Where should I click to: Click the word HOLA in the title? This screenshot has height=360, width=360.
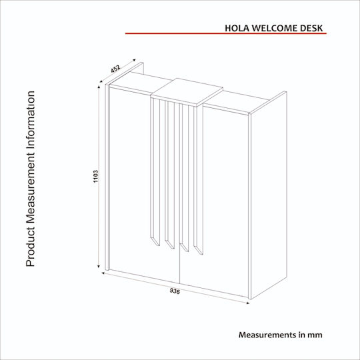237,28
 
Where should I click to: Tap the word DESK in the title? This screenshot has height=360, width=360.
309,28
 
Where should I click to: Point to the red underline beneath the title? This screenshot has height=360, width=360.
226,33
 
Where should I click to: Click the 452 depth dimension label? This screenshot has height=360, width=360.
115,69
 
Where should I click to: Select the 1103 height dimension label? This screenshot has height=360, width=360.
96,176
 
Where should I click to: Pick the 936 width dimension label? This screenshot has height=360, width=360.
175,291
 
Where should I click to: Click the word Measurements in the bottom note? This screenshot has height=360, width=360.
268,335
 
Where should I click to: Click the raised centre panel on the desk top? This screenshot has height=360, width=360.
187,92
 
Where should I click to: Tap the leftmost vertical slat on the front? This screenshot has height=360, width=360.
155,172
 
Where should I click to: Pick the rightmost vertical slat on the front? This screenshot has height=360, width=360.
199,180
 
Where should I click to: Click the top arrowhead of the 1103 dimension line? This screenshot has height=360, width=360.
99,87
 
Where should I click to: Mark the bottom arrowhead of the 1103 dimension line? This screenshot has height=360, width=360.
99,266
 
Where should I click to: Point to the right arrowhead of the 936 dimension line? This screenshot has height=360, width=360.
248,303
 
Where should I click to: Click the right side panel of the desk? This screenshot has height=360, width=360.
269,195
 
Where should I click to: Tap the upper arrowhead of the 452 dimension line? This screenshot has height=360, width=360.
134,60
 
